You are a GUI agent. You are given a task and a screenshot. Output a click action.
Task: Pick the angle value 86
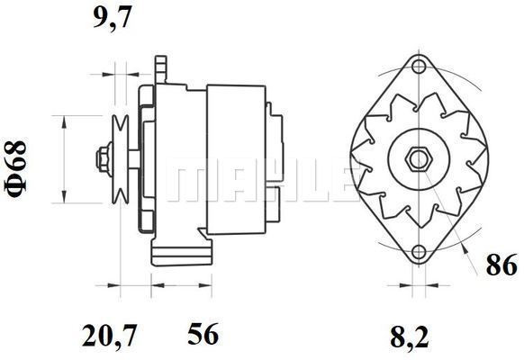click(x=501, y=265)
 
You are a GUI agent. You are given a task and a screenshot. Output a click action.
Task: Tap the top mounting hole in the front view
click(x=416, y=67)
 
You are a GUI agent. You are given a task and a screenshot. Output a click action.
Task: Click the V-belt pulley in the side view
click(x=120, y=159)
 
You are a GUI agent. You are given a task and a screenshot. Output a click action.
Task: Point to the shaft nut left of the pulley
click(x=102, y=159)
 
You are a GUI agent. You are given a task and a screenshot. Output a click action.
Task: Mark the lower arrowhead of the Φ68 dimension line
click(x=64, y=199)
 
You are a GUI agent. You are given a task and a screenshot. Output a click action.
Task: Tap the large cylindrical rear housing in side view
click(x=236, y=159)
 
